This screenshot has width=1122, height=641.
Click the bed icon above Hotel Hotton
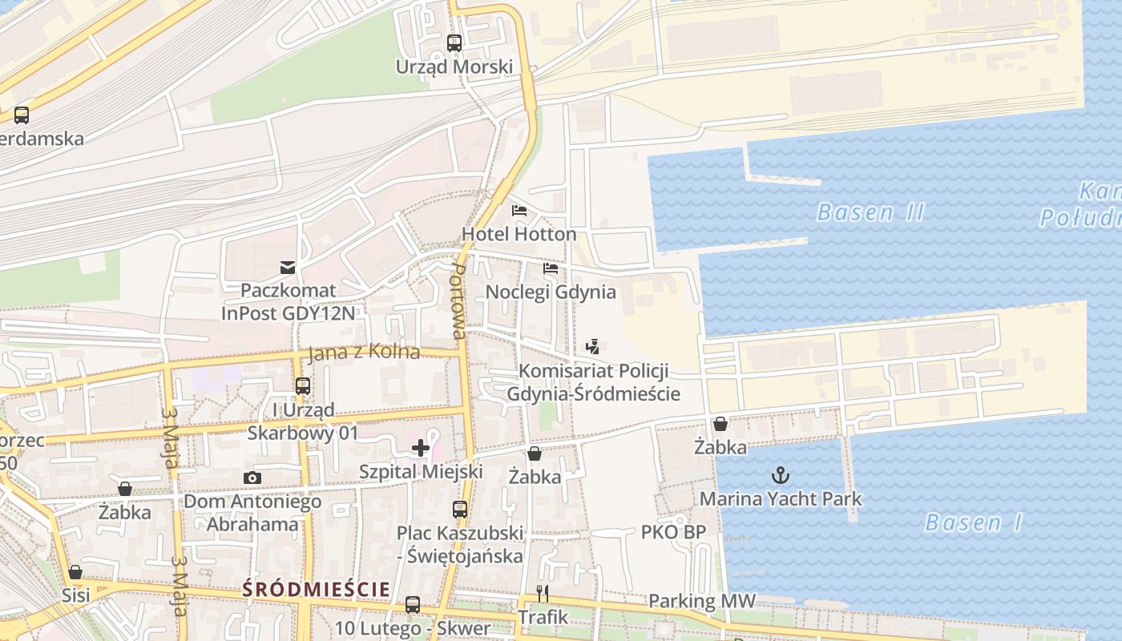pyautogui.click(x=519, y=211)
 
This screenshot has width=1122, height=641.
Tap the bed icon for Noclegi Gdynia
pyautogui.click(x=551, y=268)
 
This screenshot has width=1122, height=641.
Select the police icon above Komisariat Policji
pyautogui.click(x=593, y=347)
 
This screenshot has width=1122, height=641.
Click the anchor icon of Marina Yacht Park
pyautogui.click(x=780, y=475)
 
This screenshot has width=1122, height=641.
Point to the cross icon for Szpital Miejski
pyautogui.click(x=421, y=447)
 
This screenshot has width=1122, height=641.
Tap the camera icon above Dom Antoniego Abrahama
pyautogui.click(x=252, y=478)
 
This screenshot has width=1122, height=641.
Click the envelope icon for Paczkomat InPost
pyautogui.click(x=287, y=267)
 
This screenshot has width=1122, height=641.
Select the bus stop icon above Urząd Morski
pyautogui.click(x=454, y=43)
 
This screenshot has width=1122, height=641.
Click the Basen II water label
pyautogui.click(x=870, y=212)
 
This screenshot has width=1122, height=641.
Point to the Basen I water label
pyautogui.click(x=973, y=523)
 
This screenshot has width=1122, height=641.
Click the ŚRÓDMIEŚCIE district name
pyautogui.click(x=317, y=589)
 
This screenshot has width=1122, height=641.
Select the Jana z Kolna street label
pyautogui.click(x=364, y=352)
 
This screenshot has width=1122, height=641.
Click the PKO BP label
pyautogui.click(x=673, y=531)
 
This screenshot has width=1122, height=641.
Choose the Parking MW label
pyautogui.click(x=701, y=601)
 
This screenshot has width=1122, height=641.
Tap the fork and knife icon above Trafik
pyautogui.click(x=543, y=594)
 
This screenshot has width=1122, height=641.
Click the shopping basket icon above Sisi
pyautogui.click(x=75, y=572)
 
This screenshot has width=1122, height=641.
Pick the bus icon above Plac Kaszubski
pyautogui.click(x=460, y=509)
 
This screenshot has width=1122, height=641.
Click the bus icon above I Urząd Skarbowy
pyautogui.click(x=303, y=385)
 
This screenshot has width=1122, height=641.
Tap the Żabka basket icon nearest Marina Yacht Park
pyautogui.click(x=720, y=424)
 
